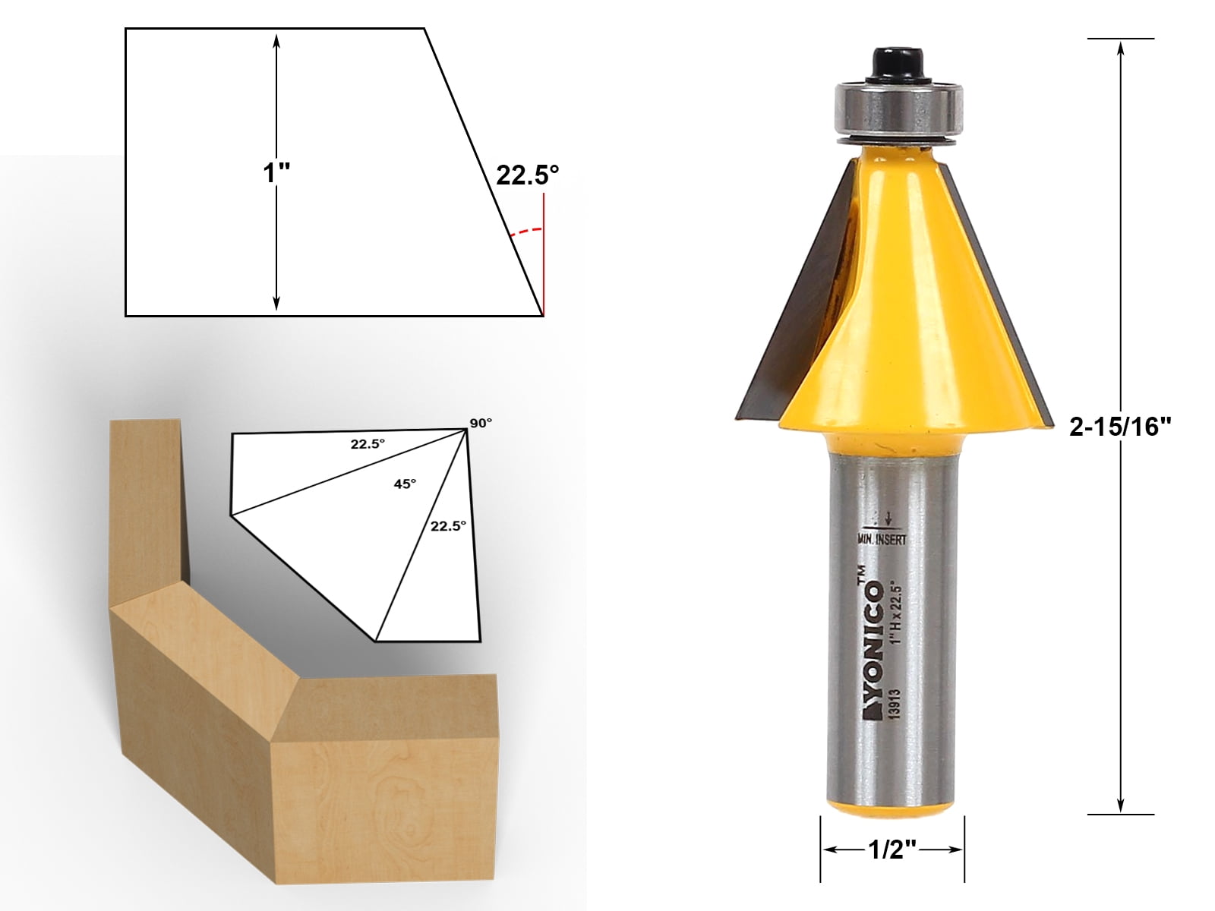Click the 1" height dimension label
click(276, 173)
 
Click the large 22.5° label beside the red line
click(527, 175)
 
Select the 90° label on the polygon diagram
click(481, 423)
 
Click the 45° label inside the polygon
click(405, 484)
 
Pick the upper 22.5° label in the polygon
click(368, 444)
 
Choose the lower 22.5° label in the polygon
click(448, 525)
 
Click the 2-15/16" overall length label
click(1121, 427)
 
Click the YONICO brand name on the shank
click(873, 645)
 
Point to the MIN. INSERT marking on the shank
click(882, 539)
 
